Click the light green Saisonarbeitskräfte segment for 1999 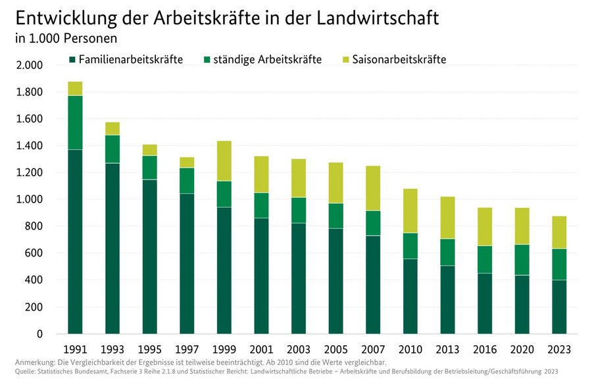[224, 161]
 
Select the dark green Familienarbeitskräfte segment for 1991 [75, 241]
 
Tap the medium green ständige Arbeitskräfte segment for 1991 [75, 122]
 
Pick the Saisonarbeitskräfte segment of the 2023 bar [559, 232]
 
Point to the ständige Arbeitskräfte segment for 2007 [372, 223]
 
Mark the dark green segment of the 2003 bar [298, 278]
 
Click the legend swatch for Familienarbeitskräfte [72, 60]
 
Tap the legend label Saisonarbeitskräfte [399, 60]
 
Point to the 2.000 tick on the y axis [30, 65]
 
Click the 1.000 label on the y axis [30, 199]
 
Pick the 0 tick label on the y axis [39, 334]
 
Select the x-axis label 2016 [484, 349]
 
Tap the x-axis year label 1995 [149, 349]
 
